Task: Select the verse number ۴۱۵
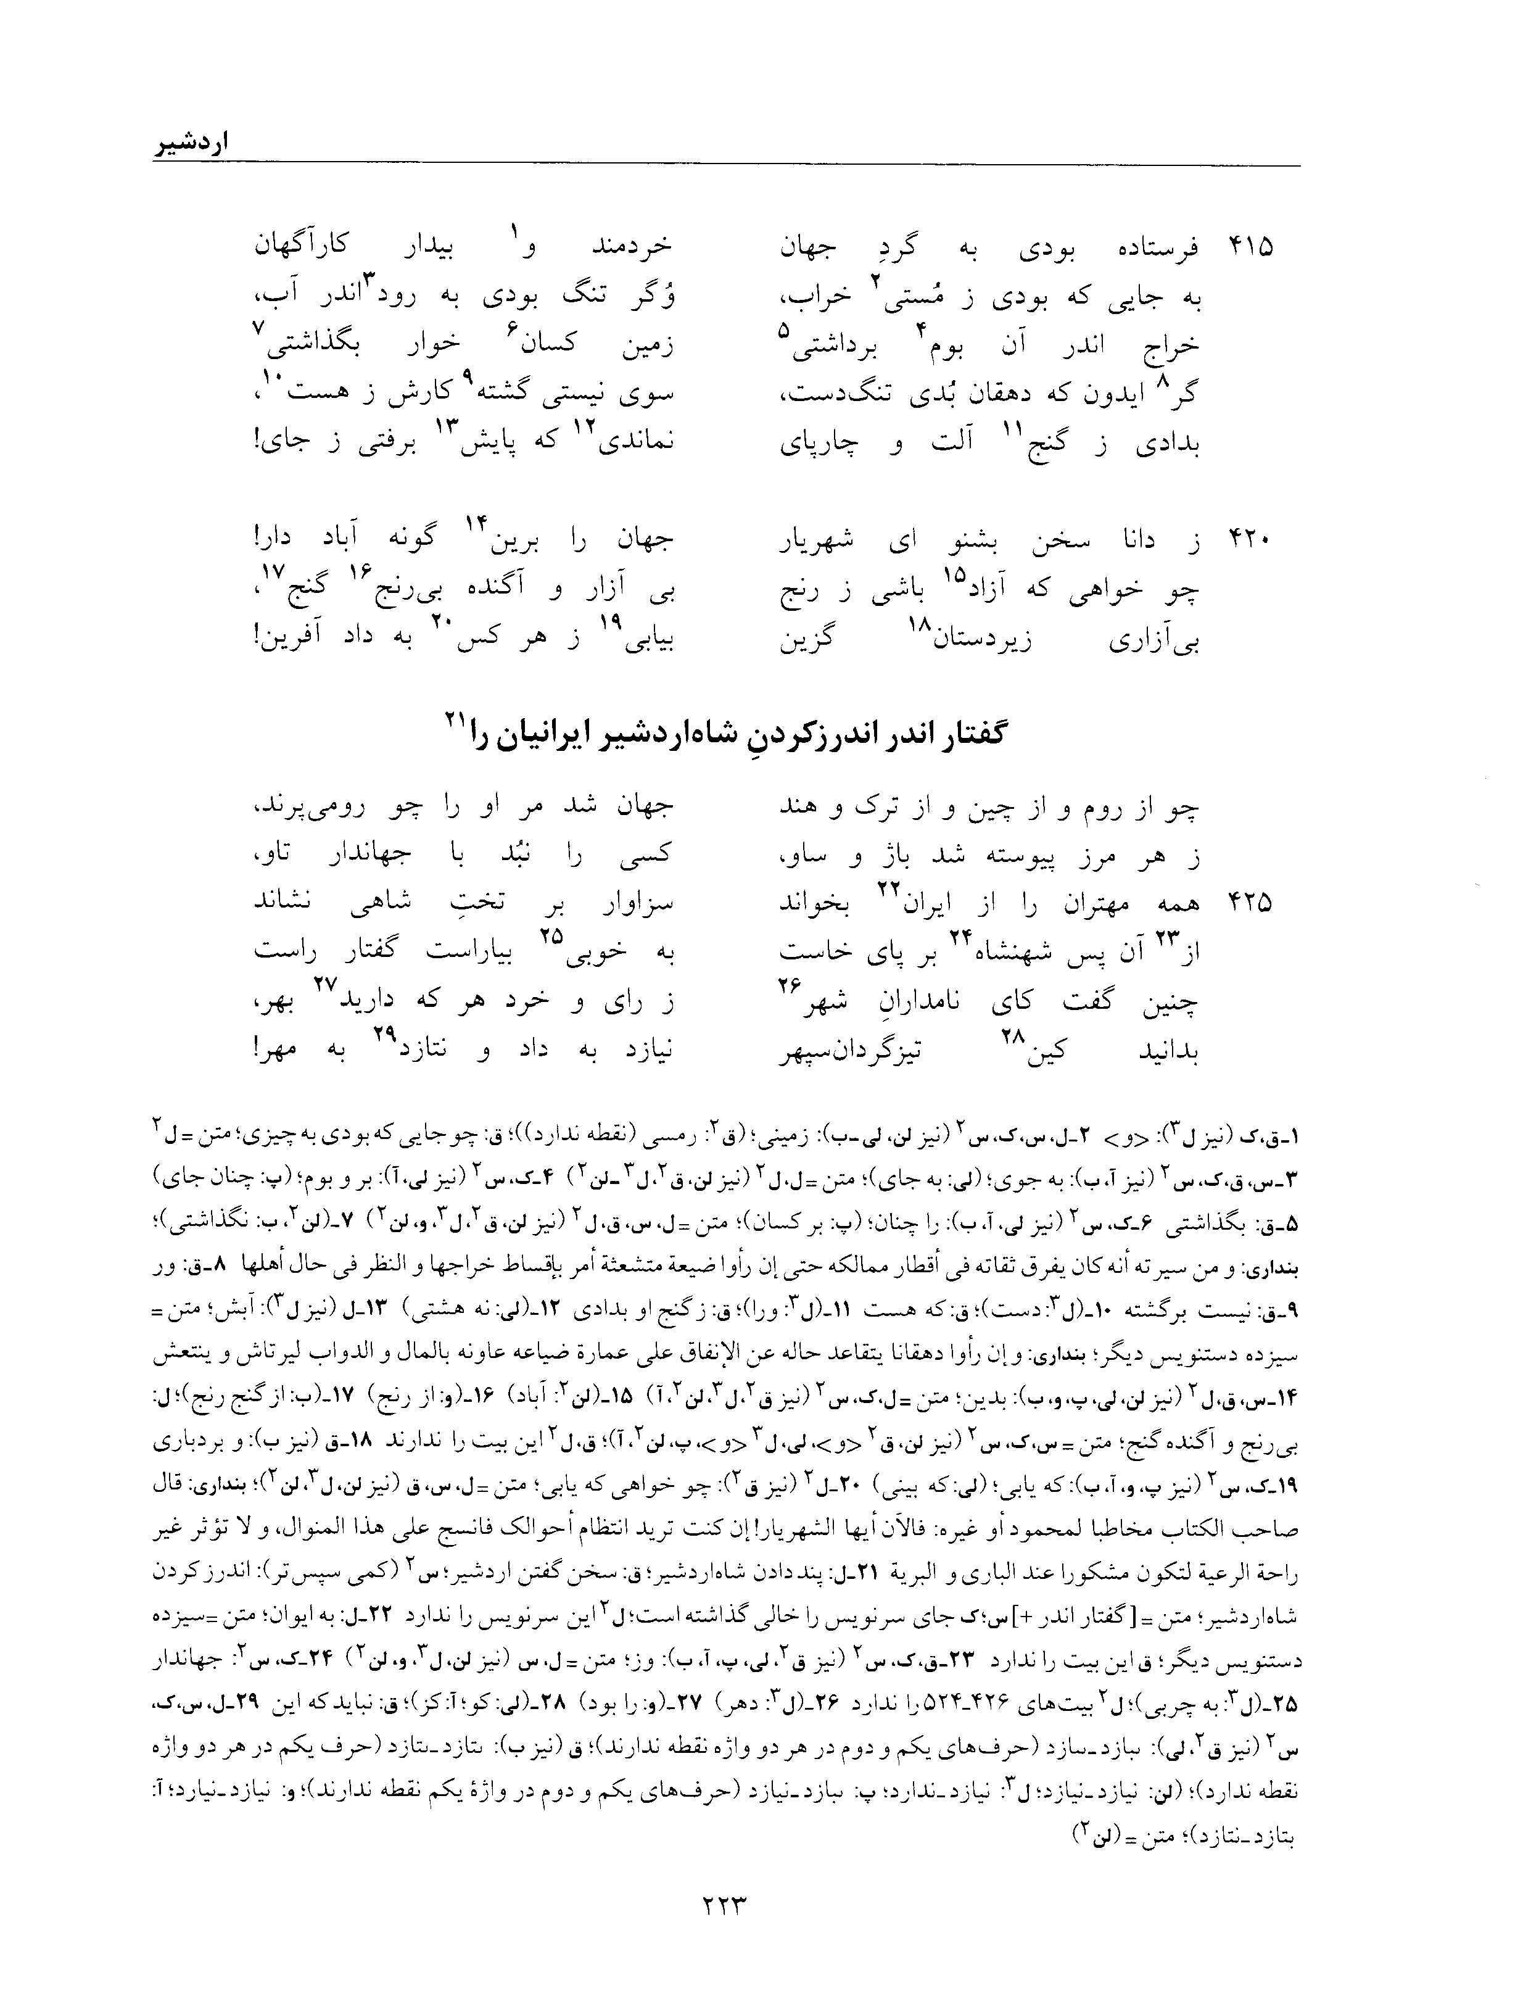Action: [x=1251, y=248]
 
